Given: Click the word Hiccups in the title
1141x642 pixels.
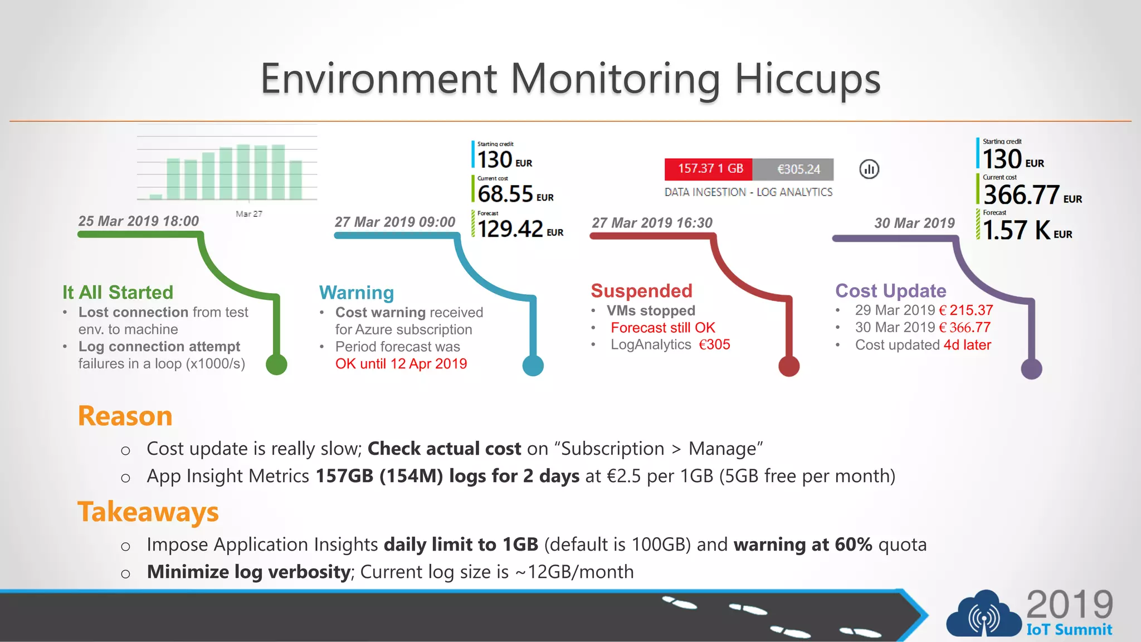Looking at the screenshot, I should tap(807, 80).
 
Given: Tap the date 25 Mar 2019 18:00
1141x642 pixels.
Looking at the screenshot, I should tap(139, 221).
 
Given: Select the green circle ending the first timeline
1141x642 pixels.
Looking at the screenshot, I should tap(276, 364).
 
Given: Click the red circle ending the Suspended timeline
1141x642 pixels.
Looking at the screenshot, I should tap(788, 366).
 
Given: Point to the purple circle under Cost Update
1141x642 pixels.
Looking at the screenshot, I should tap(1031, 369).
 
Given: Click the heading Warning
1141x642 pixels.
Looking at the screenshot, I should tap(357, 293).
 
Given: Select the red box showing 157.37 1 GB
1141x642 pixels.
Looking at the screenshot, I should tap(709, 169).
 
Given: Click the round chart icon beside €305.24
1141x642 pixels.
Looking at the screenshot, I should tap(869, 169).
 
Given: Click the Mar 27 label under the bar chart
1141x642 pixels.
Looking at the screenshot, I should tap(248, 214).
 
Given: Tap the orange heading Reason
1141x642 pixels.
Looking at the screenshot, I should tap(125, 416).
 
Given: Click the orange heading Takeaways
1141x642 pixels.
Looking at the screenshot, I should tap(148, 512).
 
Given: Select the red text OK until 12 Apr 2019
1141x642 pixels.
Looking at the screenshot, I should tap(401, 364).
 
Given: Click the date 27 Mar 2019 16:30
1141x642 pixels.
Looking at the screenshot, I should tap(652, 223).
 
